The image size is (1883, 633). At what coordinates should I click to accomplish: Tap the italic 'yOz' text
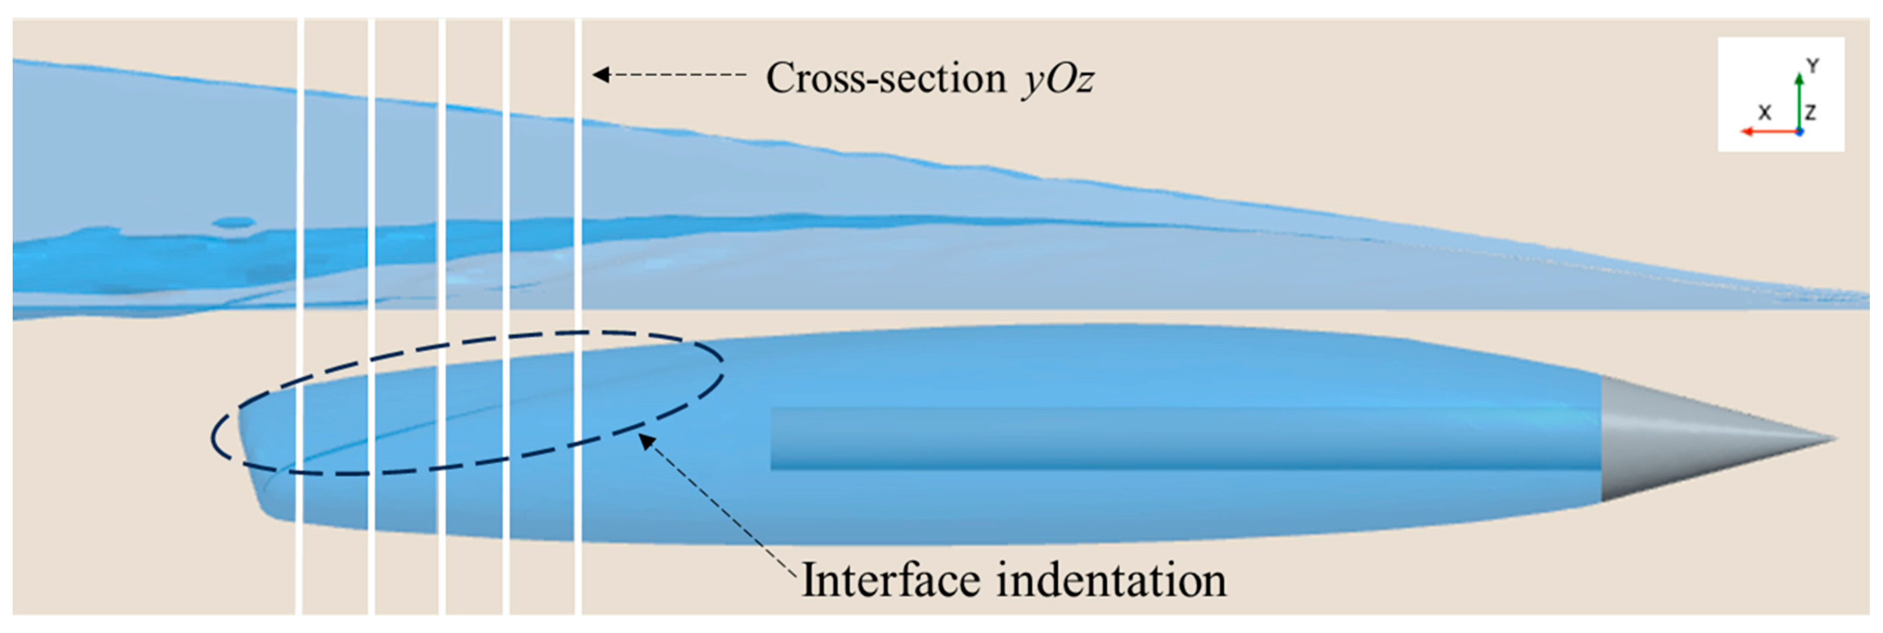click(1058, 79)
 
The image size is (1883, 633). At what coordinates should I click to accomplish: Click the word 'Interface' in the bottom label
click(890, 581)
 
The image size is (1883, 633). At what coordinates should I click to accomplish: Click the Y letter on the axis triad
click(1812, 66)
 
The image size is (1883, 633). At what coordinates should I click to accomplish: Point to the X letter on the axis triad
click(1765, 112)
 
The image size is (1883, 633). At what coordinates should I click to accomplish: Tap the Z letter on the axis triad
click(1810, 112)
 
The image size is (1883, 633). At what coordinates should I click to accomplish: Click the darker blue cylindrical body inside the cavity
click(1170, 439)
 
